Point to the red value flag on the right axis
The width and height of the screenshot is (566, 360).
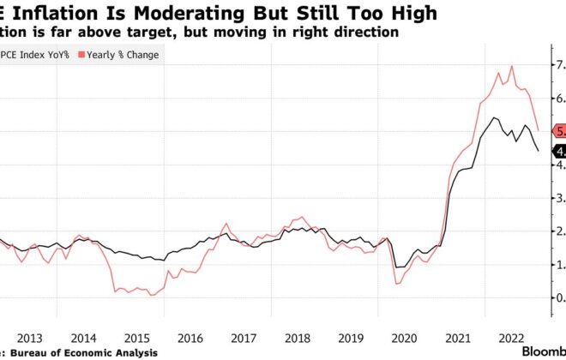pyautogui.click(x=557, y=131)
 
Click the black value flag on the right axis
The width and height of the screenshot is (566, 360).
pyautogui.click(x=557, y=152)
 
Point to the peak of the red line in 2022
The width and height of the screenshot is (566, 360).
pyautogui.click(x=512, y=66)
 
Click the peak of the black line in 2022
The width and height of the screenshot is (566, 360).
pyautogui.click(x=496, y=117)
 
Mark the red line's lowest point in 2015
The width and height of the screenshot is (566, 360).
pyautogui.click(x=151, y=295)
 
